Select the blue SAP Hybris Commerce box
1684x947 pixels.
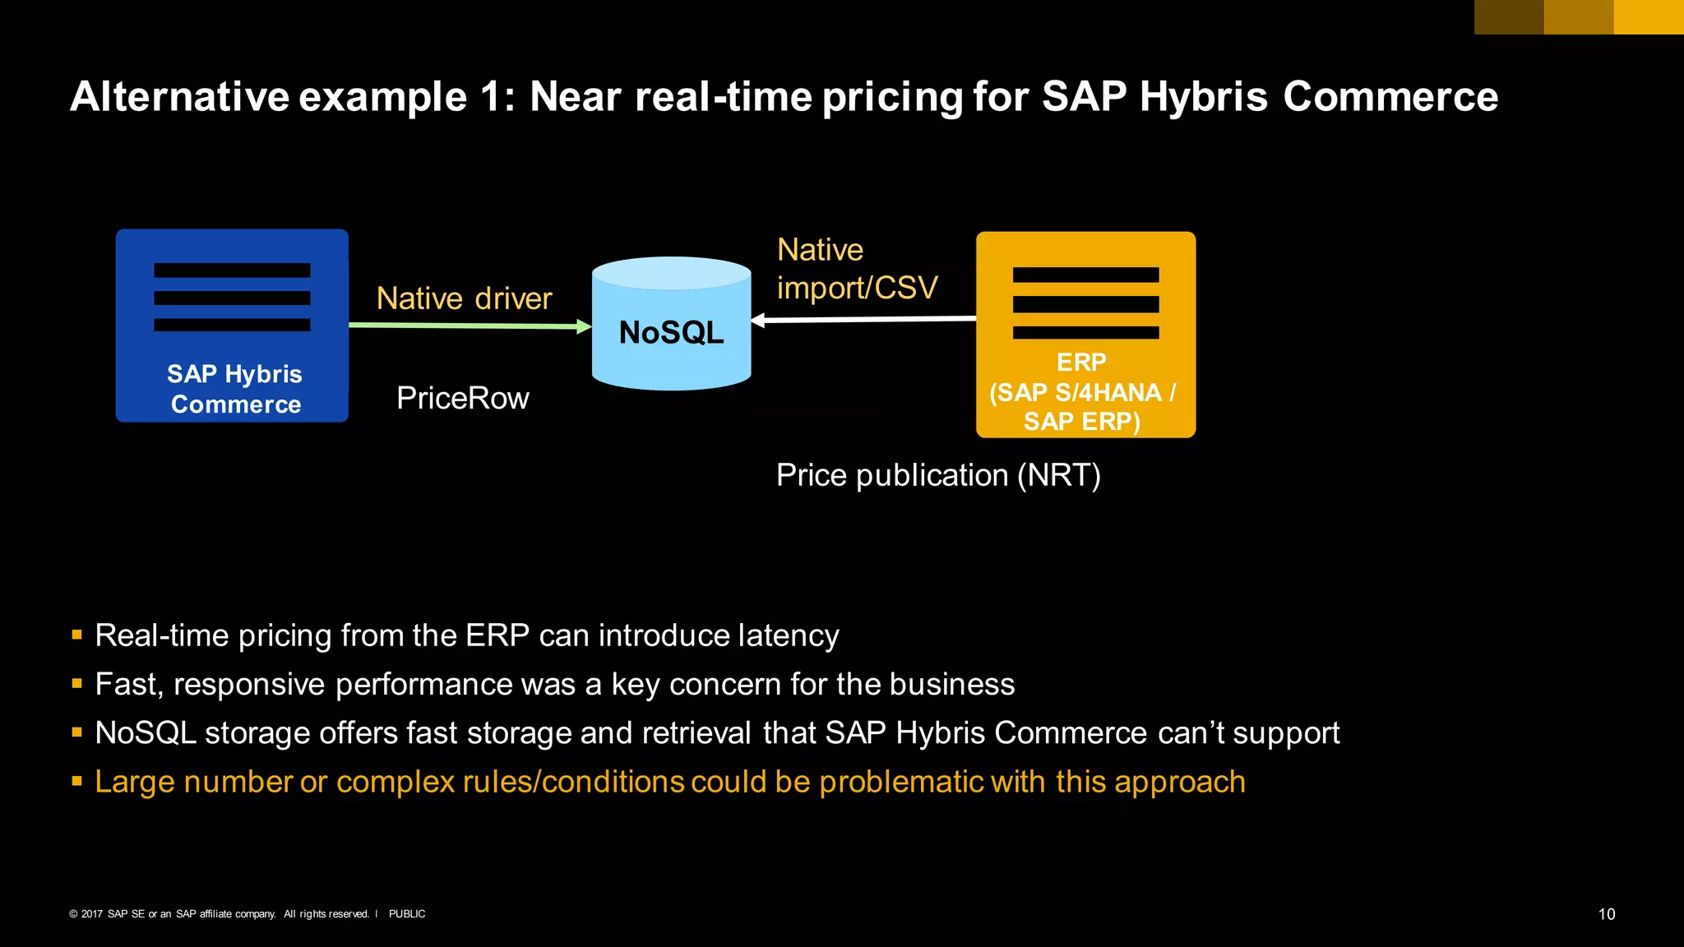pos(232,326)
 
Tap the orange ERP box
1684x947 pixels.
pos(1085,335)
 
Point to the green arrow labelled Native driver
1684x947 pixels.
pos(469,326)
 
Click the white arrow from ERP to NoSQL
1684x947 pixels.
pos(863,319)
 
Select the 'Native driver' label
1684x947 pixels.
pos(464,298)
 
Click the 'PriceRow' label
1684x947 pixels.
pos(462,399)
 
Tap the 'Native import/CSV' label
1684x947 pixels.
pos(857,269)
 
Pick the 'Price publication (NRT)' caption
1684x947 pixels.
pos(938,475)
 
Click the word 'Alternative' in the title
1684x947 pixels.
pos(179,97)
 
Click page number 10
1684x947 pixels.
pos(1606,914)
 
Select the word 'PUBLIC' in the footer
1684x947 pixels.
pos(407,914)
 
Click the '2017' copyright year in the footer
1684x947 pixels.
pos(92,914)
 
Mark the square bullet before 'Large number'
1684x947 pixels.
pos(76,781)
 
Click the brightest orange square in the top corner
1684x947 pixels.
pos(1648,16)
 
